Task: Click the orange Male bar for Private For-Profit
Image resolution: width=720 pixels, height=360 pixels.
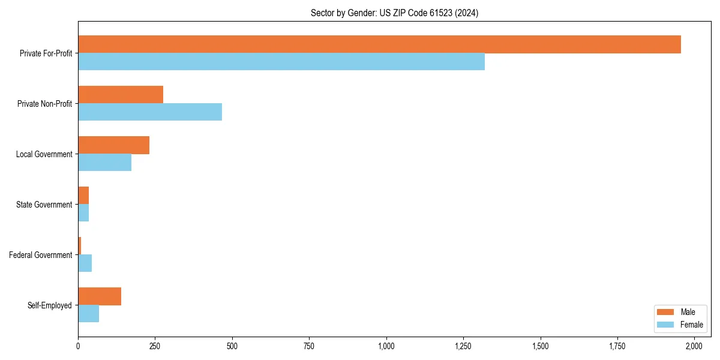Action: (x=379, y=44)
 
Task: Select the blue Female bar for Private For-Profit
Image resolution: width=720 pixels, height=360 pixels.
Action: (x=281, y=62)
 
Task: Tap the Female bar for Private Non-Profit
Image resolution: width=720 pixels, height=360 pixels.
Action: (x=150, y=112)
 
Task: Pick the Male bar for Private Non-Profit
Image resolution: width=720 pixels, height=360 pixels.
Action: (x=121, y=95)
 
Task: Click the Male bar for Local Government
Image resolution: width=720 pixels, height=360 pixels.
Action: (x=113, y=145)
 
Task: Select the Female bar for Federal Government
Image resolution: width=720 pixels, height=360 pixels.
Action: (x=85, y=263)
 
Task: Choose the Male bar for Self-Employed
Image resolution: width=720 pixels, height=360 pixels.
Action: (x=100, y=296)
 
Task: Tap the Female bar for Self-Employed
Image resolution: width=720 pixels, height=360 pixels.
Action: (x=88, y=314)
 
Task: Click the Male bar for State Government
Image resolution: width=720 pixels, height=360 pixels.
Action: (x=83, y=196)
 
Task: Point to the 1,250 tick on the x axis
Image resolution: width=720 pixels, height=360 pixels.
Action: (x=463, y=347)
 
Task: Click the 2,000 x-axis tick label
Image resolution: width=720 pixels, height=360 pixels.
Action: (x=694, y=347)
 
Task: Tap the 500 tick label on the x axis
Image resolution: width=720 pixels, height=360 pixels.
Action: (x=232, y=347)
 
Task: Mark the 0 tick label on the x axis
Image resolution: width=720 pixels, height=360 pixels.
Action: (x=78, y=347)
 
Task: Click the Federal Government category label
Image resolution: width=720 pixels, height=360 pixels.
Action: (x=40, y=255)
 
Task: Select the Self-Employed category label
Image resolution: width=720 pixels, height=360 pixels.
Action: (x=49, y=305)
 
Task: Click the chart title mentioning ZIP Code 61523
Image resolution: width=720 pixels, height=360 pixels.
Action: (x=394, y=13)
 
